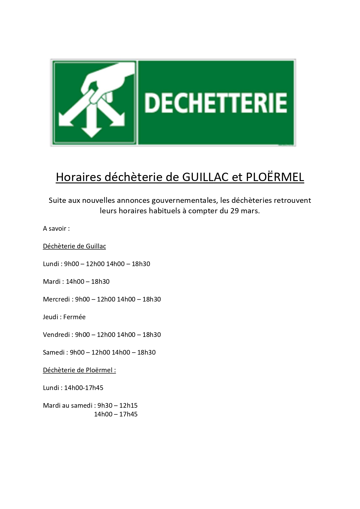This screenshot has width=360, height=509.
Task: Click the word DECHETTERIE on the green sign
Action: [x=216, y=103]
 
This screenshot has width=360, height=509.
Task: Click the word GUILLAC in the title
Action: [x=205, y=177]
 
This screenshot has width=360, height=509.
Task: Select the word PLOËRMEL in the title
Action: [x=275, y=177]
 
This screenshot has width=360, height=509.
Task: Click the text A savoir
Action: [x=56, y=229]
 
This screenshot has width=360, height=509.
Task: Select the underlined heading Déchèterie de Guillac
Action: [x=74, y=246]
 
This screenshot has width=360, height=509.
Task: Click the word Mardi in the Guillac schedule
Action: [x=52, y=281]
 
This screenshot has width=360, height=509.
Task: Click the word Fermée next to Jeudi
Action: [x=74, y=317]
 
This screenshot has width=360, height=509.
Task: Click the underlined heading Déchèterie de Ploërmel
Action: [x=79, y=370]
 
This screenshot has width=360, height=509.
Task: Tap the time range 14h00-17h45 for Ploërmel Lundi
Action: [x=84, y=388]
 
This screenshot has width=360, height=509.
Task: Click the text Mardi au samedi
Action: [x=68, y=405]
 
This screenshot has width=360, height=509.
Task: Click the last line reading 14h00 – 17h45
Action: [x=115, y=414]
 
